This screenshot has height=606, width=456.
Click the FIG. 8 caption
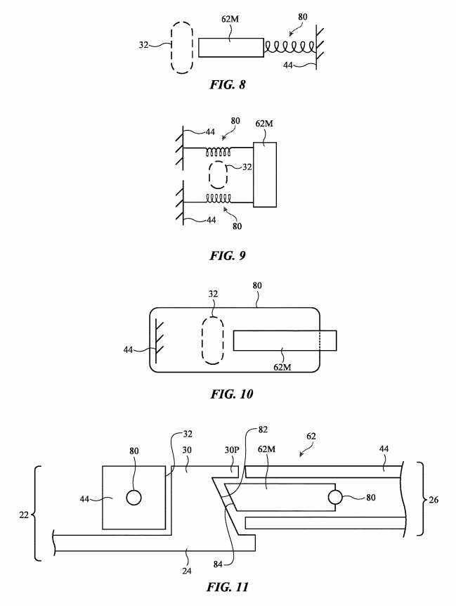pos(228,84)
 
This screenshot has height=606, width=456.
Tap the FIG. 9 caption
pos(228,255)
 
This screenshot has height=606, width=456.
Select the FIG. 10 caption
pos(232,394)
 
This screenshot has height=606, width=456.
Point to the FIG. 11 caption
pos(228,587)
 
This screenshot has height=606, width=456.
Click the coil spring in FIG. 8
pos(289,48)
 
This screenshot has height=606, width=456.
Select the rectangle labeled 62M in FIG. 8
pos(231,48)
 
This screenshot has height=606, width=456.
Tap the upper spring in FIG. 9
pos(218,152)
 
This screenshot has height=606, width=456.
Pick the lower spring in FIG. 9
pos(218,198)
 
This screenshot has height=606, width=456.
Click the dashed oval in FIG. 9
pos(218,174)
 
